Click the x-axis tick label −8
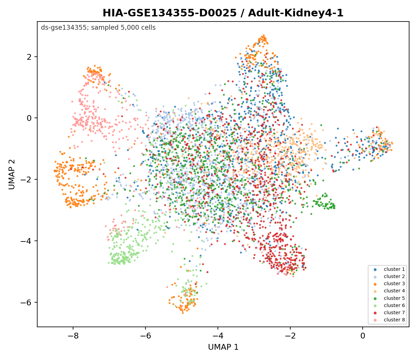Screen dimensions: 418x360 [73, 336]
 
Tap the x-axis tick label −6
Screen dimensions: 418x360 [145, 336]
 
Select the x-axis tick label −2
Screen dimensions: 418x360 [290, 336]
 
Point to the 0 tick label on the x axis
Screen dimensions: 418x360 [363, 336]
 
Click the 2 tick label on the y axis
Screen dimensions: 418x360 [29, 57]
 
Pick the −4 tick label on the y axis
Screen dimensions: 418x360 [26, 241]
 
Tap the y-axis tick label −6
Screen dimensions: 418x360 [26, 302]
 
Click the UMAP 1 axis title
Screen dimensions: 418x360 [223, 347]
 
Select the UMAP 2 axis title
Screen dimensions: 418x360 [12, 175]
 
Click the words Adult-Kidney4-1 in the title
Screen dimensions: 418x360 [296, 13]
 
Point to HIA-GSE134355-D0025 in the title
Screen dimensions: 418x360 [170, 13]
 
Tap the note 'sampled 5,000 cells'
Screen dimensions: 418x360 [123, 28]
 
